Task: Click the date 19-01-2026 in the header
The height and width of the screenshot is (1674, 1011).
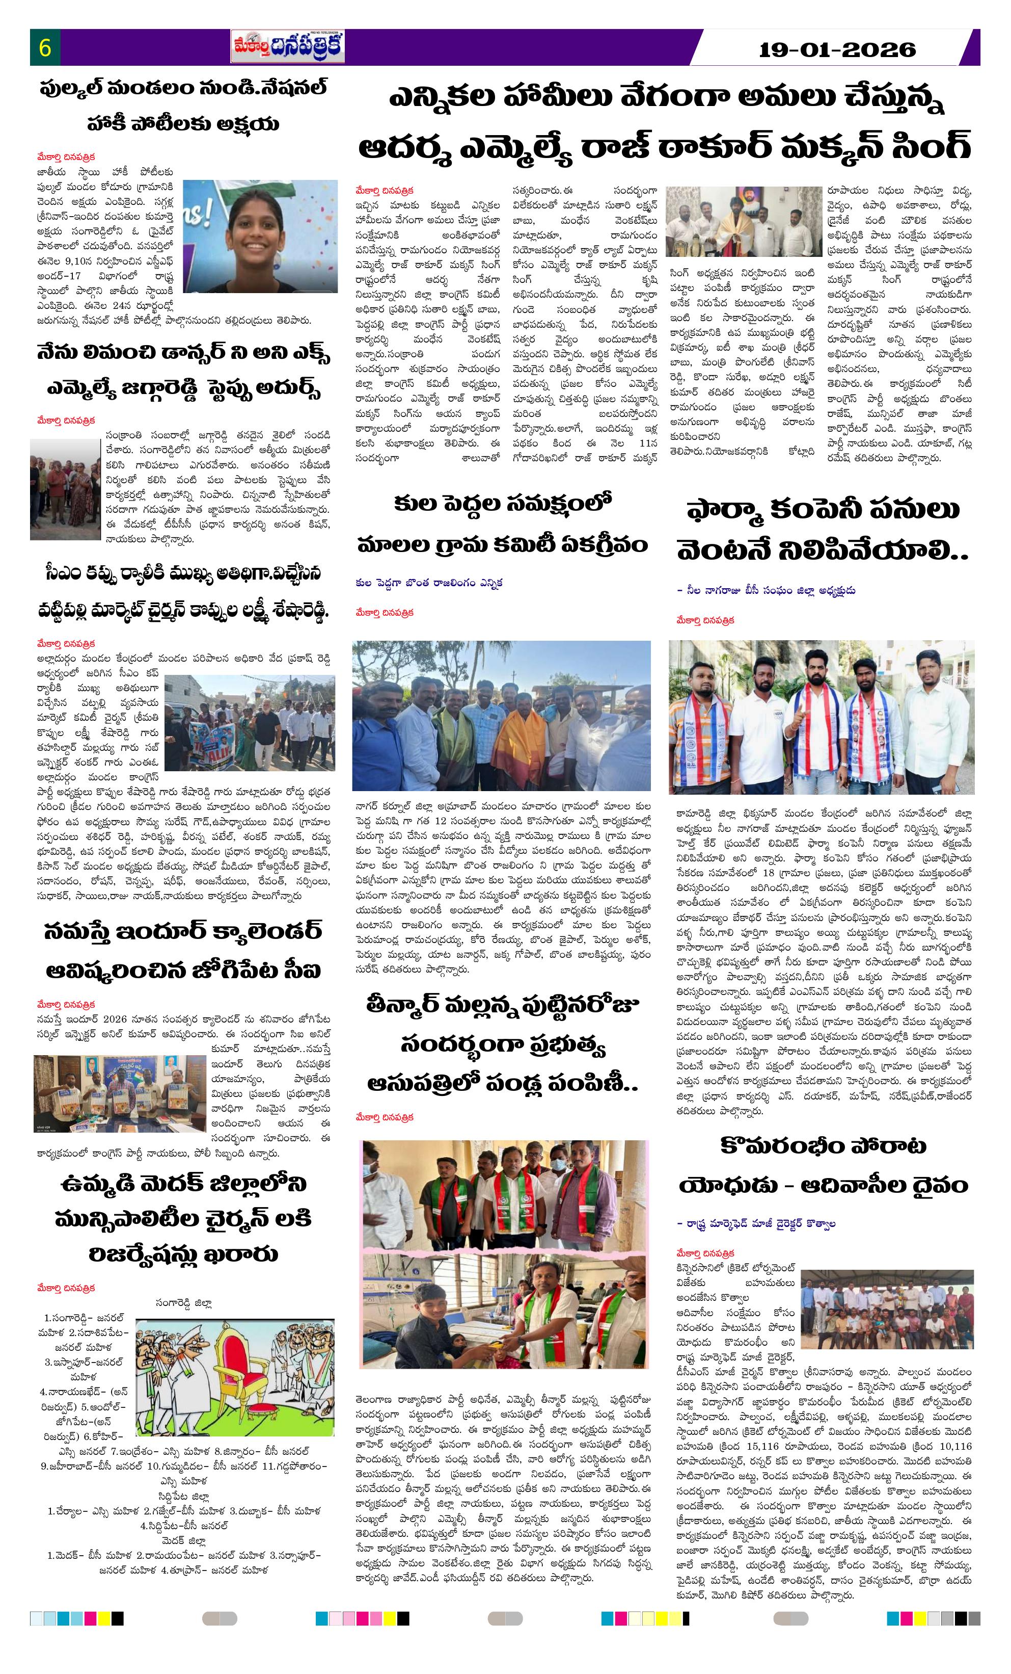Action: (836, 49)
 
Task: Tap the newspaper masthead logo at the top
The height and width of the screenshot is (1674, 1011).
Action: (287, 47)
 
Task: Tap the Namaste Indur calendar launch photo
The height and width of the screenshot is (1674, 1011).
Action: (120, 1094)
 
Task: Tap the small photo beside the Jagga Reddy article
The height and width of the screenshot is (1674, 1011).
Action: (65, 489)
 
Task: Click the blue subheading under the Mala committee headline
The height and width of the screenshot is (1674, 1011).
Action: (428, 583)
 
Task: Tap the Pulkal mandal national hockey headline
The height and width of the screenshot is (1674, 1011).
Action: (183, 106)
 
